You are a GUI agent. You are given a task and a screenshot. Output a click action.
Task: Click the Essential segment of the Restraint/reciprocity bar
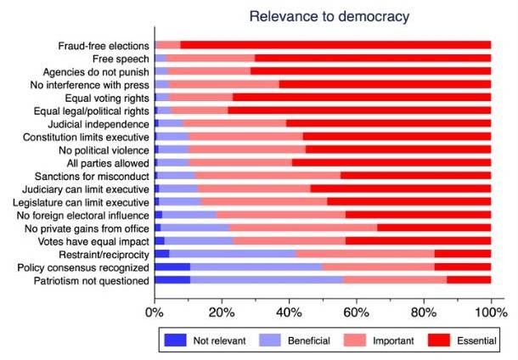pos(463,253)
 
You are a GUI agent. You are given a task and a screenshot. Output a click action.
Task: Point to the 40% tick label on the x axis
pos(290,311)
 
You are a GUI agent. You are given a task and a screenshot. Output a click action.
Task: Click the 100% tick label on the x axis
pos(490,311)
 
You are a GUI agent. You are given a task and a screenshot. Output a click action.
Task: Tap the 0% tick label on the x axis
pos(155,311)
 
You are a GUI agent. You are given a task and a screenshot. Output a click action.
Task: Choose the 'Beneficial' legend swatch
pos(269,340)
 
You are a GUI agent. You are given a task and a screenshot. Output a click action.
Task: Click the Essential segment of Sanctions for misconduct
pos(415,176)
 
